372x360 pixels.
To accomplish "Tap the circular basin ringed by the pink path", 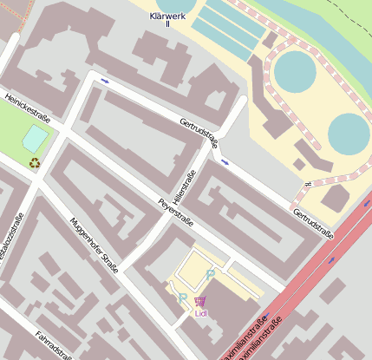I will [x=296, y=73].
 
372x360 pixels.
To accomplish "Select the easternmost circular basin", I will [x=349, y=134].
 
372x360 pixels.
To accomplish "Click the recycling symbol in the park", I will [x=35, y=162].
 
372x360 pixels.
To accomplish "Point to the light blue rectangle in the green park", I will [x=36, y=137].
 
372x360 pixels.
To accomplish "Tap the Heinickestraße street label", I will [x=27, y=109].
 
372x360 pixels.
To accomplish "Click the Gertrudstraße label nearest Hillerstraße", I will [x=200, y=134].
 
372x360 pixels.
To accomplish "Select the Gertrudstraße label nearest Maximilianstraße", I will [x=313, y=222].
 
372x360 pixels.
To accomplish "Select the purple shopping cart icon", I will [x=201, y=300].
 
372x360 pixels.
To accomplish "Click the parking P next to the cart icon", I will [x=182, y=298].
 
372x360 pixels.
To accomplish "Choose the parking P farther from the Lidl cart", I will [x=210, y=274].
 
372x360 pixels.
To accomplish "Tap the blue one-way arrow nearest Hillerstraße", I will [x=225, y=162].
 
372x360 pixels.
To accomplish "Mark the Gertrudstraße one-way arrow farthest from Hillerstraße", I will [x=105, y=82].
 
